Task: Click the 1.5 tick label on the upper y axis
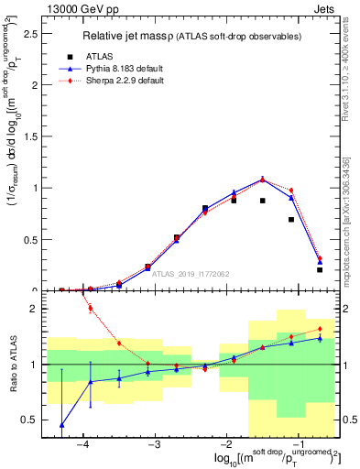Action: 29,136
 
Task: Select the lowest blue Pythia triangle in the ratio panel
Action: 61,425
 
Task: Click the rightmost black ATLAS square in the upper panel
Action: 320,269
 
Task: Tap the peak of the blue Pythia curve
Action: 263,180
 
